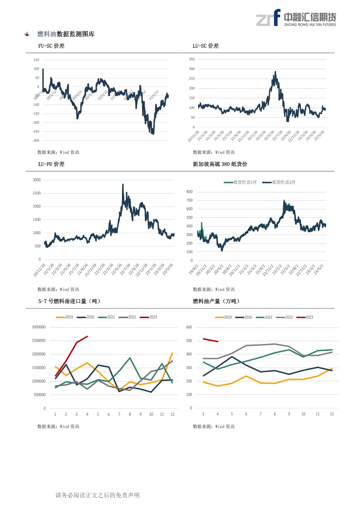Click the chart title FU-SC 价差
pyautogui.click(x=51, y=46)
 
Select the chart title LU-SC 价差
pyautogui.click(x=205, y=46)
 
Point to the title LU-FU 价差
pyautogui.click(x=51, y=164)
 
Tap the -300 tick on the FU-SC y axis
pyautogui.click(x=36, y=141)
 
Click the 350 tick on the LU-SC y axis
pyautogui.click(x=192, y=59)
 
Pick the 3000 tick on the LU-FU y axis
pyautogui.click(x=37, y=180)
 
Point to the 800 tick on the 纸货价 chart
pyautogui.click(x=189, y=192)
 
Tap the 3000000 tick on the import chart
pyautogui.click(x=39, y=327)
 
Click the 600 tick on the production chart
pyautogui.click(x=189, y=327)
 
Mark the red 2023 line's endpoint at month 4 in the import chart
pyautogui.click(x=87, y=336)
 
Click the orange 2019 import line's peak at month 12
pyautogui.click(x=172, y=353)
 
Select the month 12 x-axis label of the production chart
pyautogui.click(x=332, y=414)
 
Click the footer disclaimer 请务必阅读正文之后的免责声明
pyautogui.click(x=97, y=495)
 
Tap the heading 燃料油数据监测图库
pyautogui.click(x=66, y=34)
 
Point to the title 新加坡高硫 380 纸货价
pyautogui.click(x=220, y=164)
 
